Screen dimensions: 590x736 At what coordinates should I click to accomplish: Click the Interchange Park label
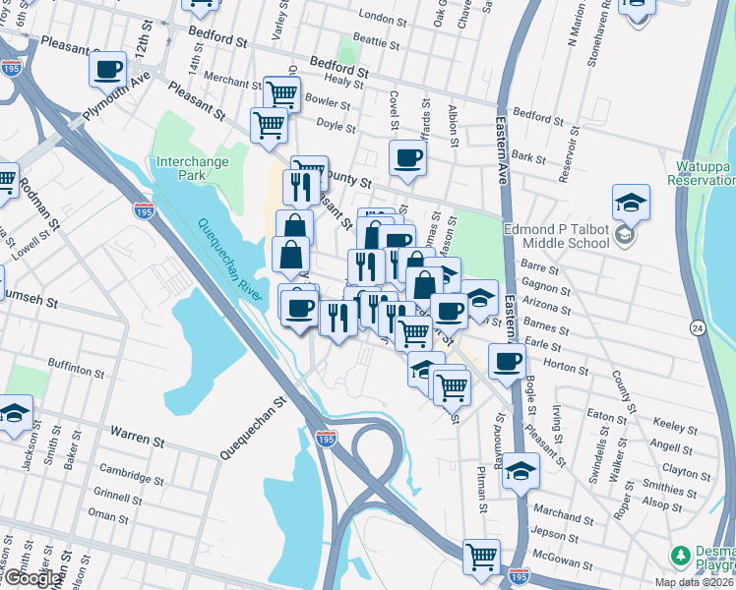click(x=191, y=168)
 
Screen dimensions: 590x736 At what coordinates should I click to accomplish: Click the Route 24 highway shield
click(x=724, y=325)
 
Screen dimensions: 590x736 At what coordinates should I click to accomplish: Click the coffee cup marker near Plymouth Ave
click(x=108, y=69)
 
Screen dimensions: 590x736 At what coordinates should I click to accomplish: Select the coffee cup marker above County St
click(x=406, y=157)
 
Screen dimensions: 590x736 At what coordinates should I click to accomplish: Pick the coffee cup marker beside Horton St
click(x=507, y=361)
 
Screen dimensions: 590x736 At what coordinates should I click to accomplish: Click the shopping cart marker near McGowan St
click(x=482, y=557)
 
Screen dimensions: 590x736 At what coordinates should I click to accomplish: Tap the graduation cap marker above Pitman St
click(x=521, y=470)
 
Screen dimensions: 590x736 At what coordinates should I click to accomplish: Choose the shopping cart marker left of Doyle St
click(x=269, y=124)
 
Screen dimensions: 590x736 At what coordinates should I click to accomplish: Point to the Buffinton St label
click(x=75, y=372)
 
